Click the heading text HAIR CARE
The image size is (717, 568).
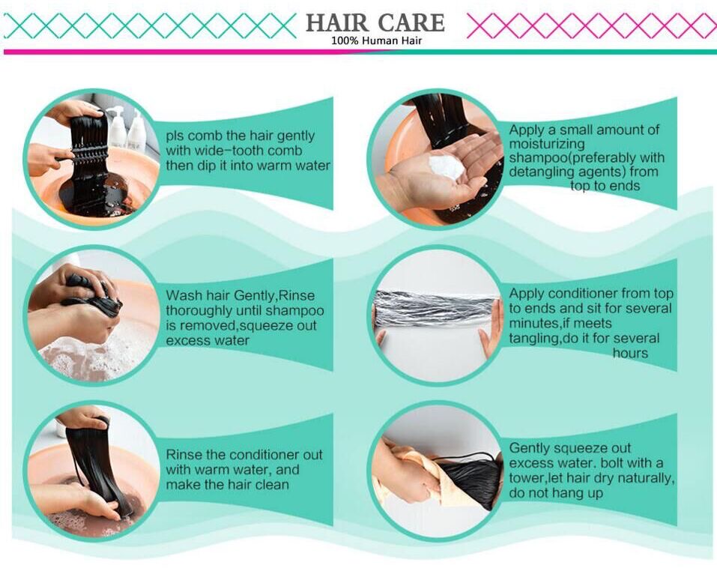(x=375, y=23)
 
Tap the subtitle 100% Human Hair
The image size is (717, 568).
(x=376, y=40)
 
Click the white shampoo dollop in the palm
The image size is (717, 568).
(x=447, y=167)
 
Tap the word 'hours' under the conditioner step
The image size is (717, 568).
(x=630, y=353)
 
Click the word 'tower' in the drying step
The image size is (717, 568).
(x=526, y=478)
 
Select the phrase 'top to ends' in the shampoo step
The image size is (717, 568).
(x=605, y=186)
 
